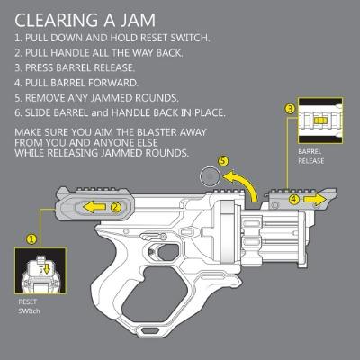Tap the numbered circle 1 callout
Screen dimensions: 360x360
[x=31, y=239]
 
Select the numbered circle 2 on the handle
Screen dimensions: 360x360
[x=116, y=207]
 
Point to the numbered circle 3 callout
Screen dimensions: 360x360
[x=290, y=109]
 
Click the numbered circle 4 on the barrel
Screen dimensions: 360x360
[x=294, y=199]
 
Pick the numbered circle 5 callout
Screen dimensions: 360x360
[x=222, y=161]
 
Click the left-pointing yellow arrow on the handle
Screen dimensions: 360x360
[x=94, y=207]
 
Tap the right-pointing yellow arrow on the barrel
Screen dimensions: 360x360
[x=315, y=200]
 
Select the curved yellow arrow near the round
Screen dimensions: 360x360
[x=245, y=182]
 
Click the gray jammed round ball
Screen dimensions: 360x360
[x=210, y=176]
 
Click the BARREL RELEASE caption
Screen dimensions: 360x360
[x=311, y=157]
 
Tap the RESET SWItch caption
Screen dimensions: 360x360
[x=29, y=306]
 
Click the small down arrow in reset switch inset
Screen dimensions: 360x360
[x=47, y=269]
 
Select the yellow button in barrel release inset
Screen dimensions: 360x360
[x=319, y=121]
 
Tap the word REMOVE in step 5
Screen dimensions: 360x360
[x=45, y=98]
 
